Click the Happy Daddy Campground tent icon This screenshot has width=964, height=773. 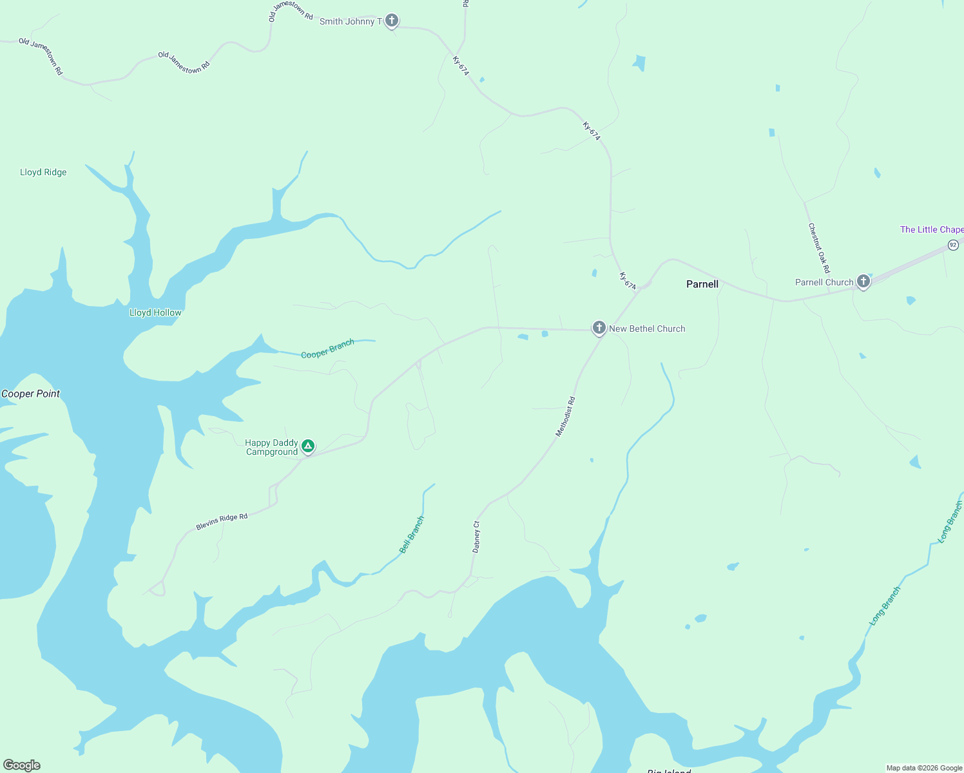click(x=308, y=446)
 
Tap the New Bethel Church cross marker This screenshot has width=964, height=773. click(x=599, y=328)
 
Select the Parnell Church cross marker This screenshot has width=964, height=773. click(x=863, y=282)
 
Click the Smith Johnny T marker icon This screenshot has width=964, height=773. click(x=391, y=21)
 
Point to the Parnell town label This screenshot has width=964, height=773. click(x=702, y=284)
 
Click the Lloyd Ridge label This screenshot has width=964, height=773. click(x=43, y=172)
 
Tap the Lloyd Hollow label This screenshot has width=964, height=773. click(x=155, y=312)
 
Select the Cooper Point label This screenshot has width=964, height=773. click(x=31, y=394)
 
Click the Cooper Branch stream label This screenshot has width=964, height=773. click(x=327, y=348)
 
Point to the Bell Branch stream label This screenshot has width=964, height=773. click(x=412, y=535)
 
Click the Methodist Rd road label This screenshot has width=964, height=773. click(x=565, y=417)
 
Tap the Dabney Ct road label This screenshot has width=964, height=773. click(x=476, y=537)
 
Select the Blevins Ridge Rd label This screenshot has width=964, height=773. click(x=222, y=522)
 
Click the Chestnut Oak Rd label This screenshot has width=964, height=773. click(x=819, y=248)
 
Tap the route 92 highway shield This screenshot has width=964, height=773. click(x=953, y=245)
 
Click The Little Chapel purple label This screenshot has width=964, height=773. click(x=931, y=229)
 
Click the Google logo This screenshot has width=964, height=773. click(x=22, y=765)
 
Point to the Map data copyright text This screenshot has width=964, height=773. click(x=924, y=768)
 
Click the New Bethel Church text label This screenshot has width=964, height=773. click(x=647, y=329)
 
